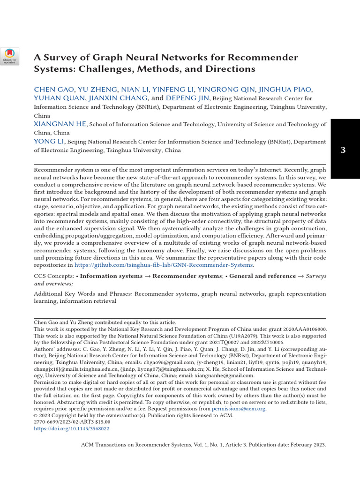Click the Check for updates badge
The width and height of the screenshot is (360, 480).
coord(10,57)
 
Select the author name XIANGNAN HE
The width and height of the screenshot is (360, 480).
coord(60,124)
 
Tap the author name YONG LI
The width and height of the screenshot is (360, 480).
coord(49,142)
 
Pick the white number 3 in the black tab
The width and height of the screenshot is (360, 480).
coord(343,150)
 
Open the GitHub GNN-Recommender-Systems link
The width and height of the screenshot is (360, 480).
coord(164,265)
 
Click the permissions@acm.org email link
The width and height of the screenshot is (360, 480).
coord(239,409)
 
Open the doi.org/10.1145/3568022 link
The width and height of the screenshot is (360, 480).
coord(72,428)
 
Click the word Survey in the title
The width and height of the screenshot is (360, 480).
coord(61,58)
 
